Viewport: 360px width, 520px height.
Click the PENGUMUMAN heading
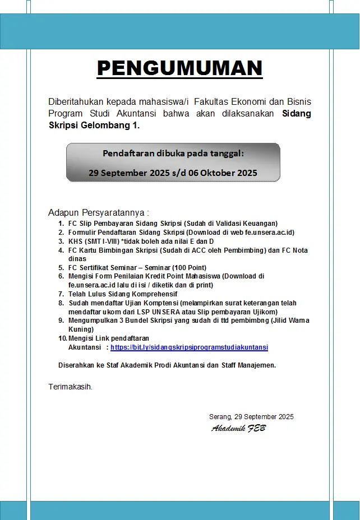pyautogui.click(x=179, y=68)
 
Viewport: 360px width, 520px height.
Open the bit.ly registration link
pyautogui.click(x=189, y=347)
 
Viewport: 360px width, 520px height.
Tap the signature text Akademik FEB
pyautogui.click(x=238, y=429)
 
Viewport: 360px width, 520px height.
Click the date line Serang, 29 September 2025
pyautogui.click(x=251, y=417)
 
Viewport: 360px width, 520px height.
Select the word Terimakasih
pyautogui.click(x=70, y=387)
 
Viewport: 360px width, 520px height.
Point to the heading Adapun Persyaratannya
pyautogui.click(x=99, y=213)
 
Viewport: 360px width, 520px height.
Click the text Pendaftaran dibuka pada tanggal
pyautogui.click(x=173, y=154)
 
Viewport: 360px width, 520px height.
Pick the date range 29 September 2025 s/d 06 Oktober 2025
pyautogui.click(x=173, y=173)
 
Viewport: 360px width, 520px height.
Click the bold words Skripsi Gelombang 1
pyautogui.click(x=94, y=126)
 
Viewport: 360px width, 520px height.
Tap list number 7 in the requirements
pyautogui.click(x=61, y=294)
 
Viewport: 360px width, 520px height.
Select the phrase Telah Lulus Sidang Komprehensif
pyautogui.click(x=123, y=294)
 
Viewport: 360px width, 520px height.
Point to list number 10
pyautogui.click(x=62, y=338)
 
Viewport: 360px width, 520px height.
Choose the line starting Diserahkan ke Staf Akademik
pyautogui.click(x=167, y=365)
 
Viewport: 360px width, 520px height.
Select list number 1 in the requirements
pyautogui.click(x=61, y=224)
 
